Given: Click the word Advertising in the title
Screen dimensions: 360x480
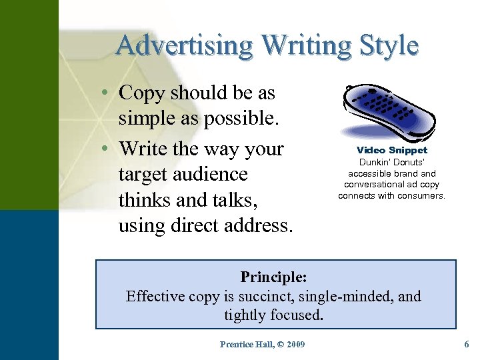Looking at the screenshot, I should (x=184, y=45).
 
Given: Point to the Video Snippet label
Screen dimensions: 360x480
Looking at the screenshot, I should (x=392, y=150).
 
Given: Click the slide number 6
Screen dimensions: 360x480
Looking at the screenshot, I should (x=466, y=344).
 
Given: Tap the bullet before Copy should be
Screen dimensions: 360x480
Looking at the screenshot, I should (x=107, y=93).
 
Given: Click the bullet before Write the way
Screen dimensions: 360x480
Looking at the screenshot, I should (x=107, y=148).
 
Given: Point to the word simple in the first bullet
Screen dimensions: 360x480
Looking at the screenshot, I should (x=146, y=119).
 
